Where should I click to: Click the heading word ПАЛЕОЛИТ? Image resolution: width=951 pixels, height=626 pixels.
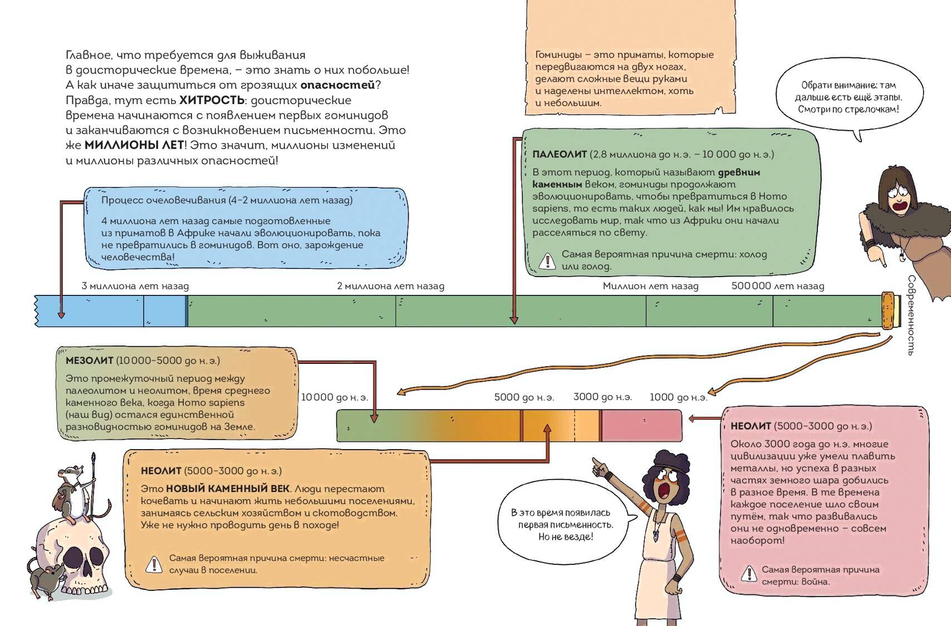pyautogui.click(x=559, y=154)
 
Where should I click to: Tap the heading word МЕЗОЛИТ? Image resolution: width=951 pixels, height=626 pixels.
pyautogui.click(x=89, y=361)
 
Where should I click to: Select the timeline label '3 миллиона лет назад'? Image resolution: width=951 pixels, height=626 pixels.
pyautogui.click(x=135, y=286)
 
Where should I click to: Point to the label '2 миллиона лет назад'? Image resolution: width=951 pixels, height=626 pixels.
pyautogui.click(x=390, y=286)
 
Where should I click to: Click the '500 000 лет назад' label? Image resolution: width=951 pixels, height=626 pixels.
pyautogui.click(x=777, y=286)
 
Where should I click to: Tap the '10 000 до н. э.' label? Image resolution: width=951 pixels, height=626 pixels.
pyautogui.click(x=335, y=397)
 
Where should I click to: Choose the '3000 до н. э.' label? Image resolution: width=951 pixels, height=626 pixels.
pyautogui.click(x=602, y=397)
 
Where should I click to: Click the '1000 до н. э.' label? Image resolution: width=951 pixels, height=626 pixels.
pyautogui.click(x=678, y=397)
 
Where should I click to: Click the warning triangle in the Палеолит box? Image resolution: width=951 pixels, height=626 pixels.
pyautogui.click(x=547, y=260)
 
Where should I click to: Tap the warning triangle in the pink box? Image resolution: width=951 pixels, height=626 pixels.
pyautogui.click(x=749, y=574)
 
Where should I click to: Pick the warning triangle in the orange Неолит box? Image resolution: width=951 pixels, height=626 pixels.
pyautogui.click(x=154, y=564)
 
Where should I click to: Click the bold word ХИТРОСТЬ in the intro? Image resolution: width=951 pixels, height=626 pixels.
pyautogui.click(x=212, y=100)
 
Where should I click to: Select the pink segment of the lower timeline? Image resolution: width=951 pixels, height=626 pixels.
pyautogui.click(x=641, y=426)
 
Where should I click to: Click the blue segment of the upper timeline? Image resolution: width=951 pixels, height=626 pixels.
pyautogui.click(x=111, y=311)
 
